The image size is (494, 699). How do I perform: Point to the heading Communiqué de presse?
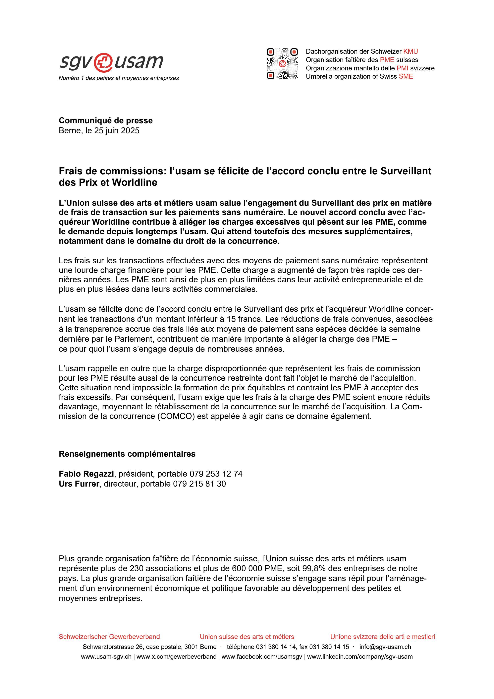tap(106, 120)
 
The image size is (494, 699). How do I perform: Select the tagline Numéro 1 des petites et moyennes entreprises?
tap(119, 78)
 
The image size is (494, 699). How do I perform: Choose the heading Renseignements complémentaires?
tap(127, 454)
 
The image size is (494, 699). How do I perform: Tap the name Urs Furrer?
tap(79, 484)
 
